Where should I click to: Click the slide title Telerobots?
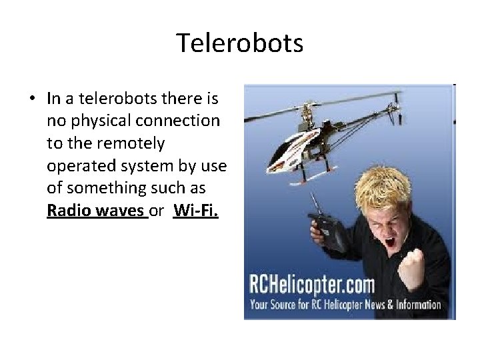240,44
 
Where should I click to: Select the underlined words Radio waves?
96,211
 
